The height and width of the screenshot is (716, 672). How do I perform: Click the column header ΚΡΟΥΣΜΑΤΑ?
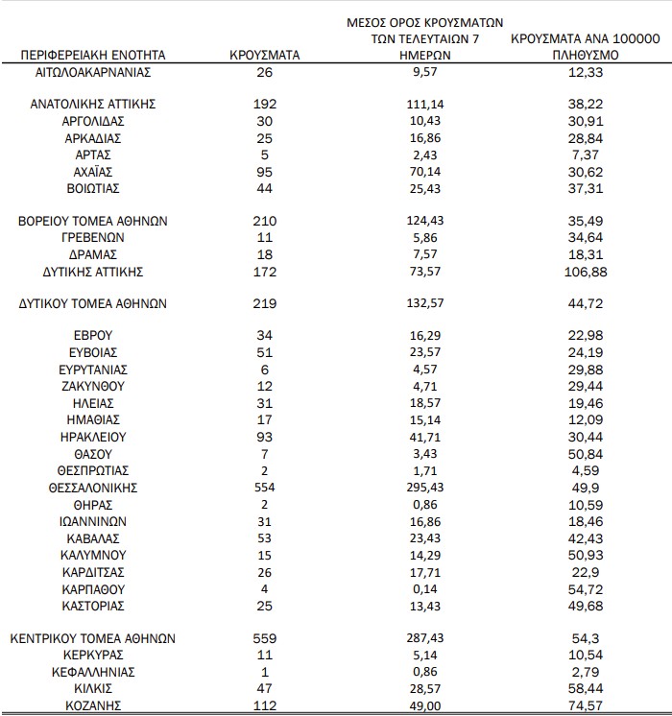point(266,55)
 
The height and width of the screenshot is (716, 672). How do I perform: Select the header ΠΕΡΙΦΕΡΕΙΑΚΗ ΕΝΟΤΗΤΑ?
point(93,55)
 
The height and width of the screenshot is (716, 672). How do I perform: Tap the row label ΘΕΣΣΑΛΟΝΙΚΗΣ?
point(93,488)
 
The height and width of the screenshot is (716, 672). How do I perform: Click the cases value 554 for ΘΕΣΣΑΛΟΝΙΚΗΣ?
point(266,488)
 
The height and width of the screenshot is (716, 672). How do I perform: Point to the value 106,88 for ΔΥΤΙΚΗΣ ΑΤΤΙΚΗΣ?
point(584,273)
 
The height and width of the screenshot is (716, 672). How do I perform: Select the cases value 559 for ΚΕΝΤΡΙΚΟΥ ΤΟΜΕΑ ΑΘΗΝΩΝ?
point(266,638)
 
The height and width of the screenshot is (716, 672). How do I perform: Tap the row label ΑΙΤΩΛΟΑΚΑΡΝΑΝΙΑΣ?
point(93,72)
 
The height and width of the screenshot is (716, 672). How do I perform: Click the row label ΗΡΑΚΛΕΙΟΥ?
point(93,436)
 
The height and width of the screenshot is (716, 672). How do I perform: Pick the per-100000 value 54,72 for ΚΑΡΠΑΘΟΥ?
point(584,588)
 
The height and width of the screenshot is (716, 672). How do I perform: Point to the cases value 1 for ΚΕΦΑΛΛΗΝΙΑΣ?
point(266,672)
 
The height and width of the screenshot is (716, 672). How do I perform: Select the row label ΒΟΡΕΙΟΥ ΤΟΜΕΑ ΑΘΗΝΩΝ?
point(93,221)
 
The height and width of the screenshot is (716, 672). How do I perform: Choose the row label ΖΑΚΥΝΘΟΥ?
point(93,386)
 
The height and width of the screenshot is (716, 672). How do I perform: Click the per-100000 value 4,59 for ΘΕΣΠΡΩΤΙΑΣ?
point(584,470)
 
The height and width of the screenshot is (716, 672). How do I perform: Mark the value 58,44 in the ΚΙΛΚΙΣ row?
point(584,689)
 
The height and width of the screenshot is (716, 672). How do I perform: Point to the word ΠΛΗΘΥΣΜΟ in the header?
point(584,56)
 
